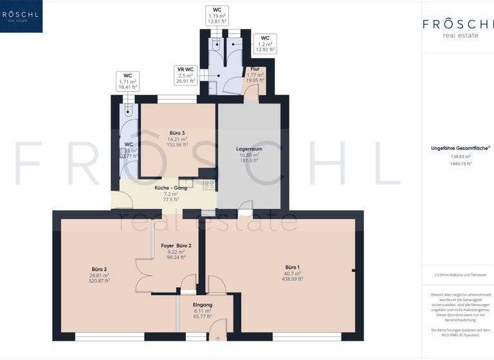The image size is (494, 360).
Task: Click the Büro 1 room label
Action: pos(293,266)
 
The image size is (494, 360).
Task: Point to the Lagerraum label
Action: pos(248,148)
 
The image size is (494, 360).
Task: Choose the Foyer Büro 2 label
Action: pos(176,246)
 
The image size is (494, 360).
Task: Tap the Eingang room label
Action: pos(203,304)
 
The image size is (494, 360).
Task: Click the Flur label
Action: pos(255,68)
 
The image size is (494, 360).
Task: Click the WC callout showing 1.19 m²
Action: pos(217,16)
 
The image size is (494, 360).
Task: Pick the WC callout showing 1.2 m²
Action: pos(264,44)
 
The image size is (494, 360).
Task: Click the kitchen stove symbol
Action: pos(209,185)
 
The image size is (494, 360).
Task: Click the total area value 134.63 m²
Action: pos(460,156)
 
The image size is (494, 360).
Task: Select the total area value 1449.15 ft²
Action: pos(460,163)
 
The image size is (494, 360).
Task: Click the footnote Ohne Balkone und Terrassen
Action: pos(460,275)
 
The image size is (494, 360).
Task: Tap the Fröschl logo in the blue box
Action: pos(21,15)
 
